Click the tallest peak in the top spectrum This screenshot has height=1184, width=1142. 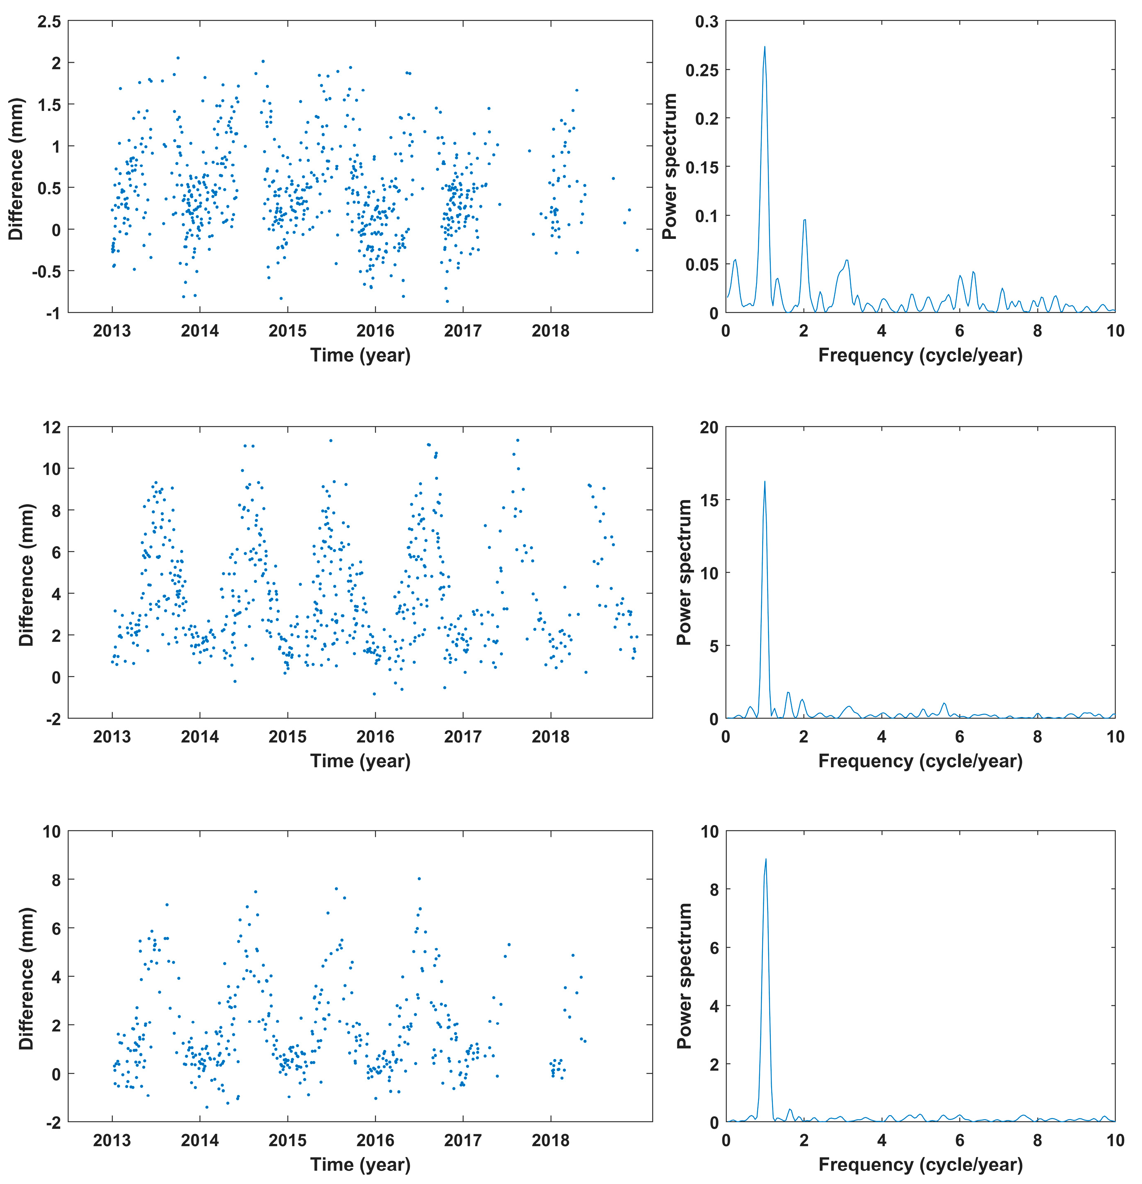[x=765, y=47]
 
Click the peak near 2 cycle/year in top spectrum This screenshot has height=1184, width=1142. [x=804, y=220]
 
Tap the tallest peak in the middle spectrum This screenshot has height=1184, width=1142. [x=765, y=482]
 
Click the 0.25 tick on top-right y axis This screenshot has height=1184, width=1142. [x=702, y=70]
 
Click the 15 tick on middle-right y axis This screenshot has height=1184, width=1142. [x=709, y=500]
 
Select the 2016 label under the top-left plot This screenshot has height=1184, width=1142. [x=375, y=331]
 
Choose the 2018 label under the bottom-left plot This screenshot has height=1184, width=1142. [x=550, y=1141]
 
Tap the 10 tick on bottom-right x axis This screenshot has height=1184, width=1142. [x=1115, y=1141]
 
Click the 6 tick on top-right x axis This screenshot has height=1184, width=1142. [x=960, y=331]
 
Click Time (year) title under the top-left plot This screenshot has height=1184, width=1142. [x=360, y=355]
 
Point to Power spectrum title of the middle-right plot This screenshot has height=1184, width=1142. [x=684, y=572]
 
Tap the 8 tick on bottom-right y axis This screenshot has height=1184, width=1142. [x=714, y=889]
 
